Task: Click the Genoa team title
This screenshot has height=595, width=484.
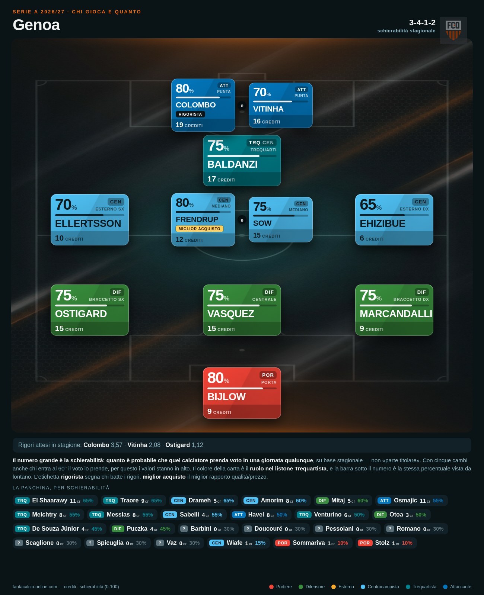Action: point(36,25)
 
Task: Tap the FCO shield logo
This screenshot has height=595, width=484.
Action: point(453,30)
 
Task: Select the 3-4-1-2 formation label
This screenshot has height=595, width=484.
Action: point(422,23)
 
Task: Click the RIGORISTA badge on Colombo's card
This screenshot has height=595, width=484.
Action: point(190,114)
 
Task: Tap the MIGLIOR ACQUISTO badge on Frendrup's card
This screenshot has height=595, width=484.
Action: point(199,229)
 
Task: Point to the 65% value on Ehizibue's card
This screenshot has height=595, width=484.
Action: point(370,205)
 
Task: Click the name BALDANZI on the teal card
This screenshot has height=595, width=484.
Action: point(232,164)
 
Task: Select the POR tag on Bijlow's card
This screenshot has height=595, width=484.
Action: point(268,375)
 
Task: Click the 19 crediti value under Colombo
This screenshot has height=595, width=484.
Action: point(189,125)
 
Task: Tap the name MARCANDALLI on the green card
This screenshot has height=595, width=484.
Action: point(396,314)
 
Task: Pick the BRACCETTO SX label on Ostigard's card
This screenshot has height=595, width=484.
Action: point(106,299)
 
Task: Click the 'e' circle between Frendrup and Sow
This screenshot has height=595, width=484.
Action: point(242,220)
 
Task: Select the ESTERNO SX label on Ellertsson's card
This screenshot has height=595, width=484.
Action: point(109,209)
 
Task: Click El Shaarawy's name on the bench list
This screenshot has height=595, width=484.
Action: point(50,500)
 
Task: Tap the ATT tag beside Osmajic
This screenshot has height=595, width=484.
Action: point(384,501)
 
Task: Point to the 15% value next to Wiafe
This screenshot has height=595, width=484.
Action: point(260,543)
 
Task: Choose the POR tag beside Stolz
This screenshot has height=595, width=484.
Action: point(364,543)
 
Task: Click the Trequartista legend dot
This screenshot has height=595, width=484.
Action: point(408,587)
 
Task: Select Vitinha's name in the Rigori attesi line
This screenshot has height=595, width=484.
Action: point(137,445)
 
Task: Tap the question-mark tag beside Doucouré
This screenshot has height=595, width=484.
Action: point(248,529)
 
